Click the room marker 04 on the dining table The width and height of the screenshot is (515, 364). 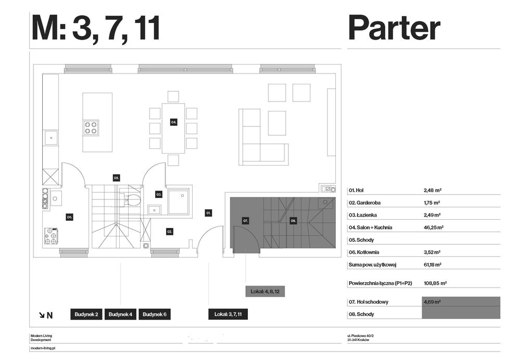point(174,122)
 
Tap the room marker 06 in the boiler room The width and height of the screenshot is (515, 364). point(69,217)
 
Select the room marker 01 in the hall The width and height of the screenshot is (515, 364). point(208,213)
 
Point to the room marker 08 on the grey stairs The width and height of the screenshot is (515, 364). point(293,221)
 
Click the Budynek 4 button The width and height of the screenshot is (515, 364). point(120,315)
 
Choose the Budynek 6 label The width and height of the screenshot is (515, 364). point(154,315)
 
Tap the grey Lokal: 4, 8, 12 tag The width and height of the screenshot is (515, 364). point(265,292)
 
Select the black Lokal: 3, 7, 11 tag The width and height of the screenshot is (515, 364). point(228,315)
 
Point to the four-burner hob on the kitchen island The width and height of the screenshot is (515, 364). point(91,128)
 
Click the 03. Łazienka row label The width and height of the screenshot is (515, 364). point(362,215)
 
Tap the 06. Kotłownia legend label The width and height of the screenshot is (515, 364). point(364,253)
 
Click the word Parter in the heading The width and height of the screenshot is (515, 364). point(394,28)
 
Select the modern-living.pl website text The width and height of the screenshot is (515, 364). point(43,348)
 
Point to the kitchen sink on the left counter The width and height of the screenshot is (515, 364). point(51,138)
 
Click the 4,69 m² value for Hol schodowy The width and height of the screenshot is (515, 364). point(432,302)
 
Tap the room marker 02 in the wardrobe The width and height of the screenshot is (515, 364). point(169,232)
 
